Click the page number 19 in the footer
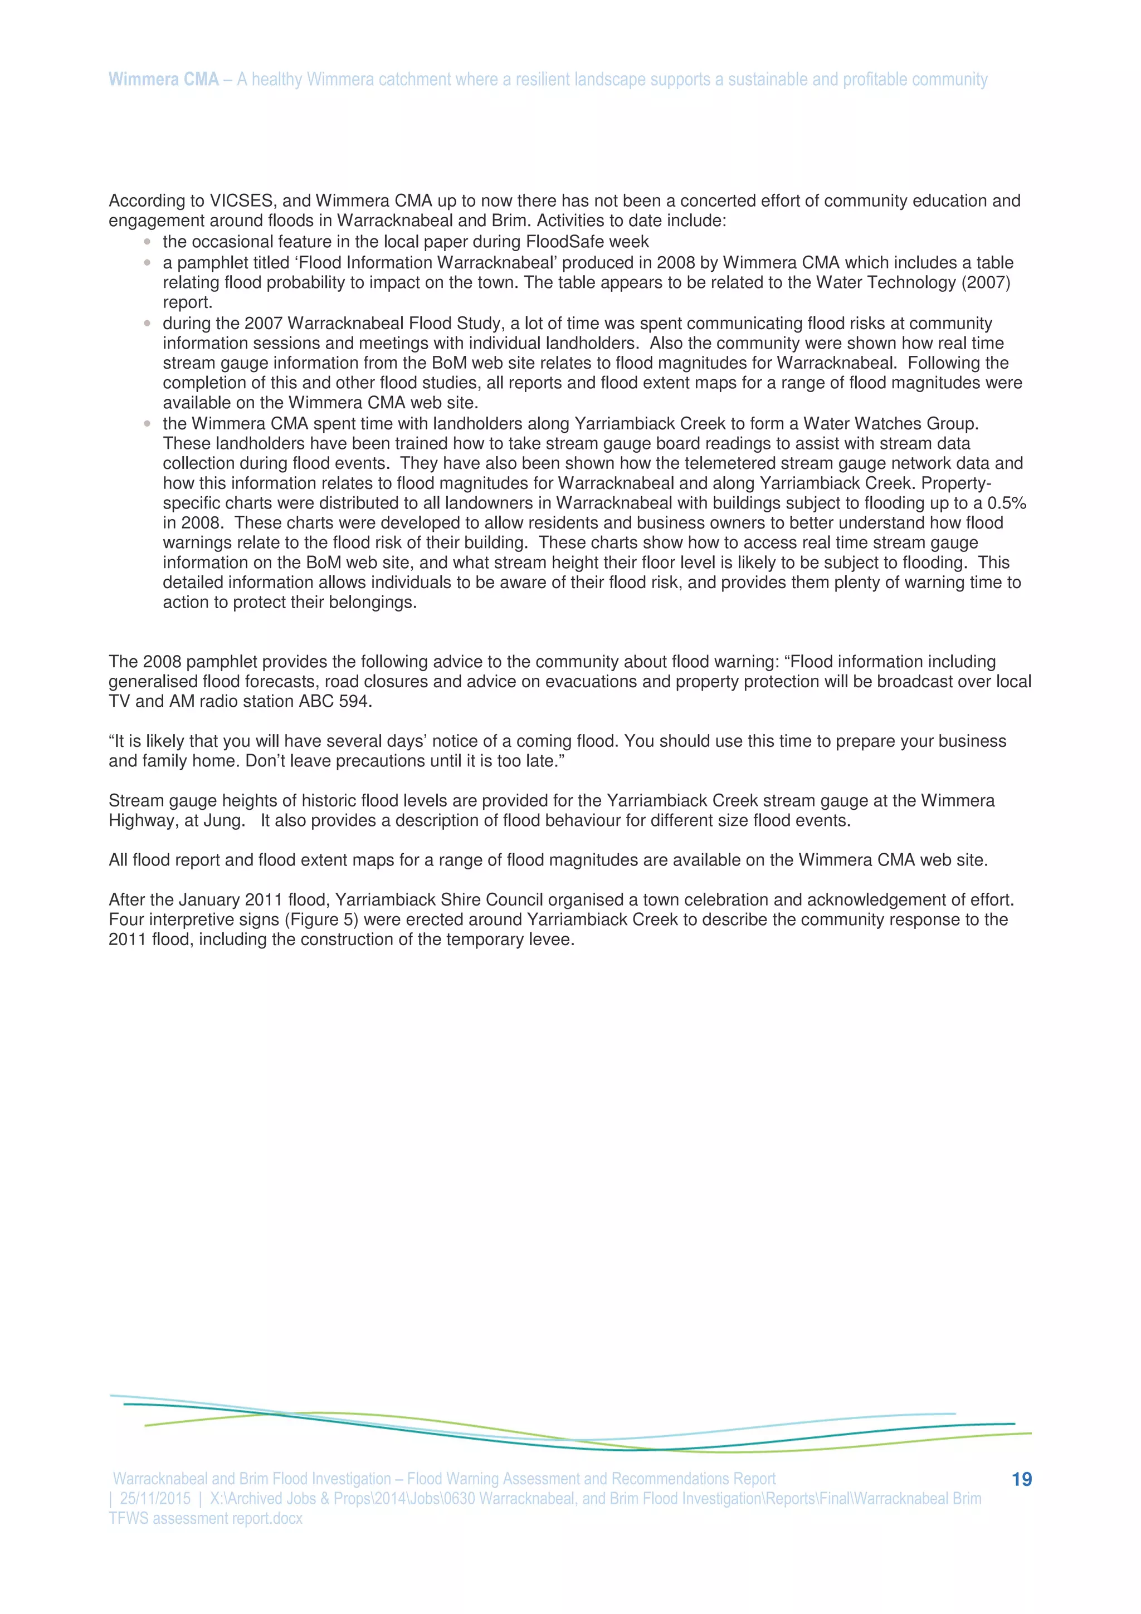1021,1479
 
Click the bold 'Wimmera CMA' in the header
163,80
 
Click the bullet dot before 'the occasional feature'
147,242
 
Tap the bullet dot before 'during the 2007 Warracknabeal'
147,324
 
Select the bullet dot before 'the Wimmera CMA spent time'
147,424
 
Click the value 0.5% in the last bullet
1007,503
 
